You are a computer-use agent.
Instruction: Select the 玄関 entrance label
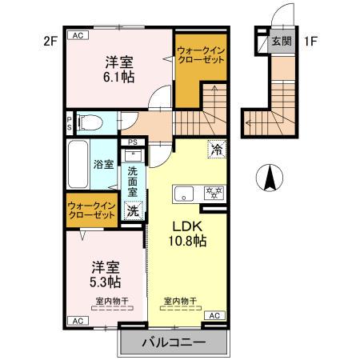pos(280,41)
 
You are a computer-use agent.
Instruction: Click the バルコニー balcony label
pos(174,342)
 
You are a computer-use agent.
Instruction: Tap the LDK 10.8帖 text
pos(188,232)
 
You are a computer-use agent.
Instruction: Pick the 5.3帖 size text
pos(105,282)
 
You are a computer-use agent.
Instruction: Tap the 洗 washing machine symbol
pos(134,211)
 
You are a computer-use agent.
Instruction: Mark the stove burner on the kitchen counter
pos(214,193)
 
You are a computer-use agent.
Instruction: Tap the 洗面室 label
pos(133,182)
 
